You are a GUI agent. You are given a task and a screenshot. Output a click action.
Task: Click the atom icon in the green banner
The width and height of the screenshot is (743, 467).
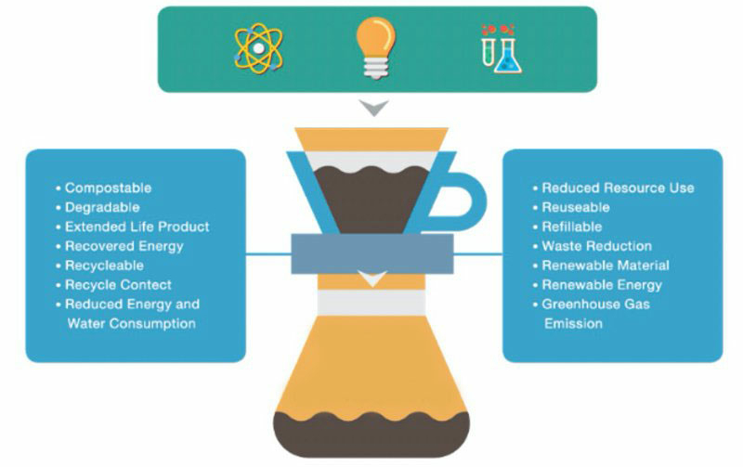click(258, 48)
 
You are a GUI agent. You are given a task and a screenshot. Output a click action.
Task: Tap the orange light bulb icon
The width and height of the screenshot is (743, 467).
click(375, 47)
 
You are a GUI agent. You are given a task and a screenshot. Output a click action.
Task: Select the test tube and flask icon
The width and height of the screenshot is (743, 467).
click(502, 49)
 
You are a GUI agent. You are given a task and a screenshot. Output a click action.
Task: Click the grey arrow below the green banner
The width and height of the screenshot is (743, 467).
click(374, 108)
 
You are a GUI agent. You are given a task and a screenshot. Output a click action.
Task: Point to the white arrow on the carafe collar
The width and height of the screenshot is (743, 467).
click(373, 279)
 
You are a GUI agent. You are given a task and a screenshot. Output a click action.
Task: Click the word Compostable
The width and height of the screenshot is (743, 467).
click(108, 188)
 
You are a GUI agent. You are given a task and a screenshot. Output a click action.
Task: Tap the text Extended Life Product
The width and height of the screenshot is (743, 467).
click(137, 227)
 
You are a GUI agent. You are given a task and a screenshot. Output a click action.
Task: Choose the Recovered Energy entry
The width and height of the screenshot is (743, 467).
click(124, 246)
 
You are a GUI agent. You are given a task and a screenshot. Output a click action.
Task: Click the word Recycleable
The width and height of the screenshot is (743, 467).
click(104, 266)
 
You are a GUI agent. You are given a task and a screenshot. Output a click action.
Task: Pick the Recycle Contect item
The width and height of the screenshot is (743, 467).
click(118, 285)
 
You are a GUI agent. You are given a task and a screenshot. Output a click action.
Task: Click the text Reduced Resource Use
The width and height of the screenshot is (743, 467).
click(618, 188)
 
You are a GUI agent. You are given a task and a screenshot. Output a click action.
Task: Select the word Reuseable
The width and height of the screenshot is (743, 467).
click(576, 207)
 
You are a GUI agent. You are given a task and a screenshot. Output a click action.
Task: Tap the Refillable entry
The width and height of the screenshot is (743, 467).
click(572, 227)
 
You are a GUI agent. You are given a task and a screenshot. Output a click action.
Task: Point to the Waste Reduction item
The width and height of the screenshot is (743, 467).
click(597, 246)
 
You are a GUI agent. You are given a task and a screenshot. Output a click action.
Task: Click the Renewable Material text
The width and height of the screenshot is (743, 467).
click(606, 266)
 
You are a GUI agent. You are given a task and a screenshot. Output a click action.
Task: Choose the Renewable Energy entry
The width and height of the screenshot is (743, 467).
click(602, 285)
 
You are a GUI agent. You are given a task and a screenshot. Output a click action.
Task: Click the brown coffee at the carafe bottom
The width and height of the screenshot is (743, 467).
click(371, 435)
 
